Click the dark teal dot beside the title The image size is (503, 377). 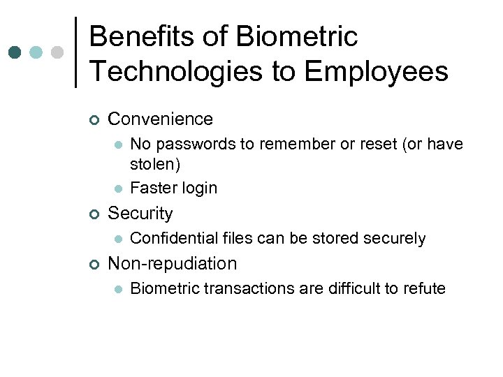coord(15,52)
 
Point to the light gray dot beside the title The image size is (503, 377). coord(58,52)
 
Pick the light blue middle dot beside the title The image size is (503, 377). coord(36,52)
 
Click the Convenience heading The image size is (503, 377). coord(161,119)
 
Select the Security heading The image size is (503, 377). coord(140,214)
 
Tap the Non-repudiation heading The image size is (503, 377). coord(173,264)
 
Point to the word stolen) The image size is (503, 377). coord(155,165)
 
